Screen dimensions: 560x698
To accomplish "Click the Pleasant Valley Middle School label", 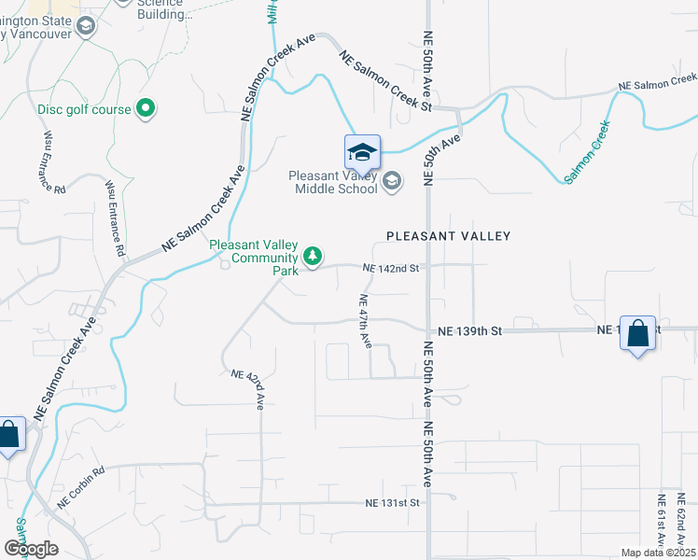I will point(333,181).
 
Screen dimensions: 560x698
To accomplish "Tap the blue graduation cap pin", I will point(362,152).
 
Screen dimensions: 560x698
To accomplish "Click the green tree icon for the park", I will point(314,256).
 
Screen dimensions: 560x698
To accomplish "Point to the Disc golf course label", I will point(84,109).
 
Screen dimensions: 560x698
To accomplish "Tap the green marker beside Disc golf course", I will point(145,109).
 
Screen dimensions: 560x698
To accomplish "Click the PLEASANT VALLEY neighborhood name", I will point(449,236).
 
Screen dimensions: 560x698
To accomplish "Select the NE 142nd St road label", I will point(394,268).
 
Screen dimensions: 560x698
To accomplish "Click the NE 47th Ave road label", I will point(366,321).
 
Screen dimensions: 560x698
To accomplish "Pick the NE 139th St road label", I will point(470,331).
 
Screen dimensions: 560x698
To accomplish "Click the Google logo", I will point(30,549).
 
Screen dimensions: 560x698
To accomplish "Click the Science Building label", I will point(164,8).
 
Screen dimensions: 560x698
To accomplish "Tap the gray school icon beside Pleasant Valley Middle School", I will point(392,181).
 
